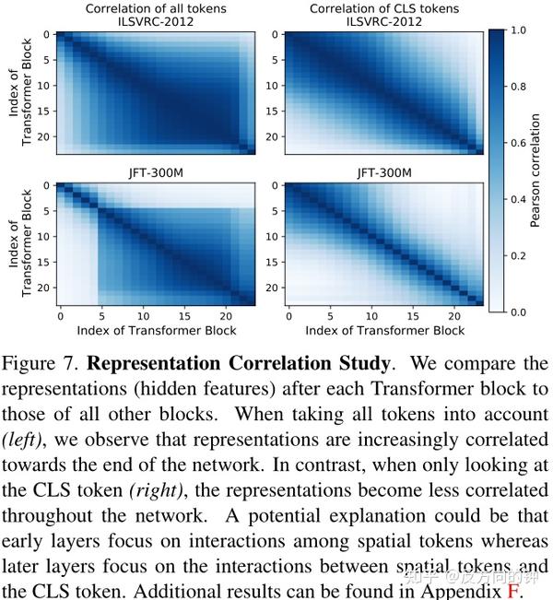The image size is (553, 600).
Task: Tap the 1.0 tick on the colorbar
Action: pyautogui.click(x=517, y=29)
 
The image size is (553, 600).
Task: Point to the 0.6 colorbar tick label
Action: pyautogui.click(x=517, y=143)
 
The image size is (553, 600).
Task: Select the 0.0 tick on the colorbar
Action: pyautogui.click(x=517, y=312)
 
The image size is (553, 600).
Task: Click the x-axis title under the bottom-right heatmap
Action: pyautogui.click(x=384, y=330)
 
